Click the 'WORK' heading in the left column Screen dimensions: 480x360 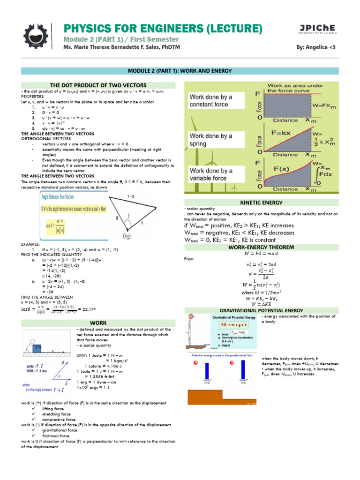pos(98,323)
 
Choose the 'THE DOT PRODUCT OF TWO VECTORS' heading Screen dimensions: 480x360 pos(98,85)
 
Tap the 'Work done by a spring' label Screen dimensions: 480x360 pos(210,140)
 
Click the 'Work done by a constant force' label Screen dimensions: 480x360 pos(210,100)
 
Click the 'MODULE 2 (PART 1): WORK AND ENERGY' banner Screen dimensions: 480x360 pos(180,70)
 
